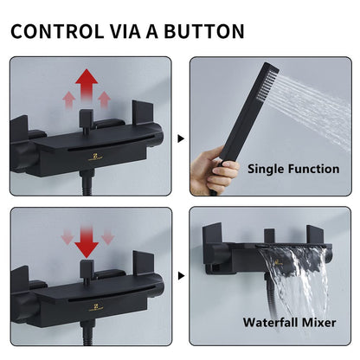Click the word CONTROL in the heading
point(57,31)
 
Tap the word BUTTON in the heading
point(204,31)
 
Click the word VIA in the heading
point(126,31)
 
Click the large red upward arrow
point(87,85)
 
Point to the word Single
point(266,170)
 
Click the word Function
point(313,169)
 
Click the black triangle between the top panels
point(181,138)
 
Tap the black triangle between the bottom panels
point(181,276)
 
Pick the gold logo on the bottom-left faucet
point(96,307)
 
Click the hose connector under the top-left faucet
point(87,176)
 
